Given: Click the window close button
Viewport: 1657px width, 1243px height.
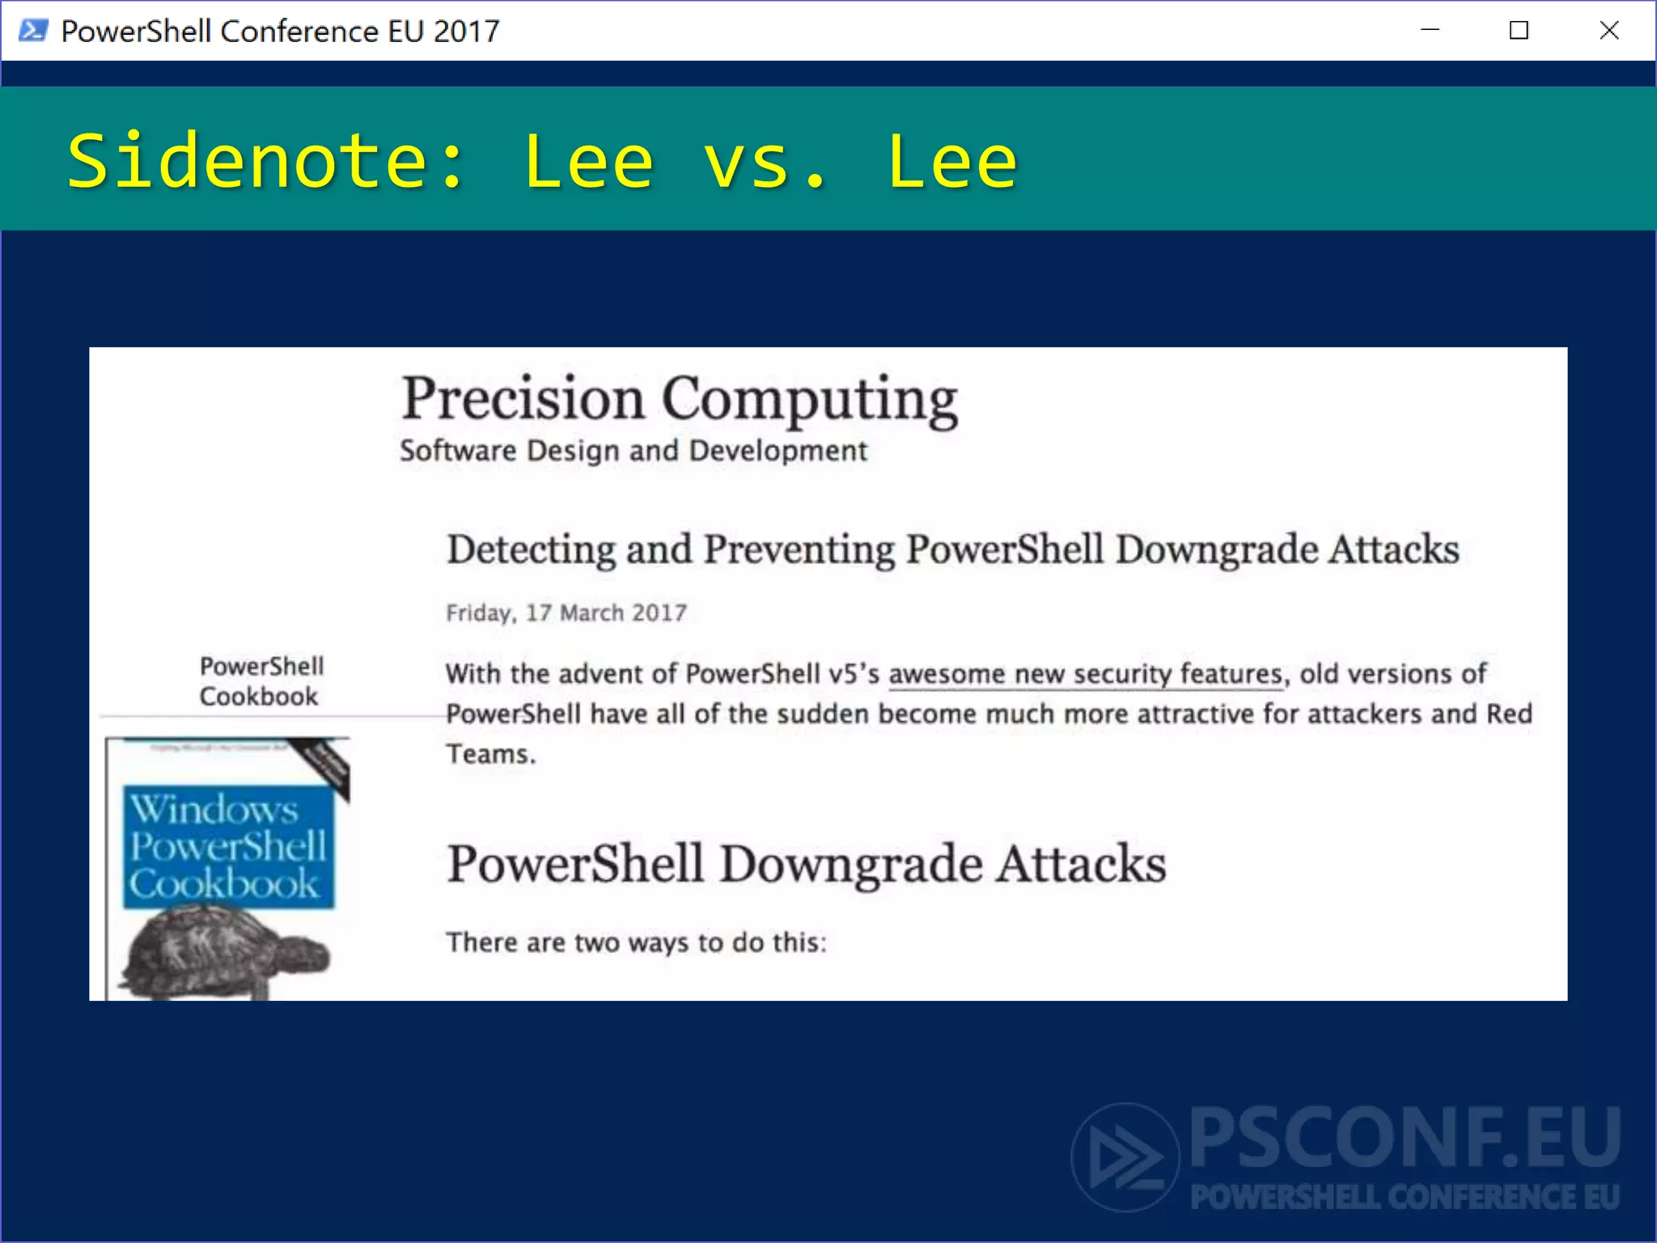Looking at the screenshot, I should (x=1608, y=31).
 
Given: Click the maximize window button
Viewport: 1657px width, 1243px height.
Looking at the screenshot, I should (x=1519, y=31).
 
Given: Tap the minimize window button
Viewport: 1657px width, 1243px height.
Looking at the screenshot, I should (x=1430, y=31).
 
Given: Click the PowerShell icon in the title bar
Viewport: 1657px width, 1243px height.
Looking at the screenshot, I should (x=33, y=31).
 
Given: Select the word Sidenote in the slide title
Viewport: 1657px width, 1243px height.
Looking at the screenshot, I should (x=247, y=162).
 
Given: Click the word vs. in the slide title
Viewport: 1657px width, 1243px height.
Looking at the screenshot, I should (x=765, y=162).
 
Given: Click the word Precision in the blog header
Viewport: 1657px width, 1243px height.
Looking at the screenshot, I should (x=523, y=398).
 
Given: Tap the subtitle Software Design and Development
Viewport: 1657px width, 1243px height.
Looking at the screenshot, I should (x=633, y=450).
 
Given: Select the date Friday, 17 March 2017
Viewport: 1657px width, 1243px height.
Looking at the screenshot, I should (x=566, y=613).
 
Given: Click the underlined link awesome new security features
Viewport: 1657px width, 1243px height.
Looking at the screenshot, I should (x=1085, y=673).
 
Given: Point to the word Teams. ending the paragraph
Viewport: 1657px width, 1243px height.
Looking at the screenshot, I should (x=490, y=754).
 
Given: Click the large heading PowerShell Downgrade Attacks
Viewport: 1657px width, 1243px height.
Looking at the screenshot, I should (x=806, y=863).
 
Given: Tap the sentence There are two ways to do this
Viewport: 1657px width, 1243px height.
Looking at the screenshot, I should (x=636, y=942).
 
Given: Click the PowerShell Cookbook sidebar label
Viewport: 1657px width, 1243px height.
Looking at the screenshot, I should (x=261, y=681).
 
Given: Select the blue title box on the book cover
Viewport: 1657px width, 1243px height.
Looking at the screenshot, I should (x=228, y=846).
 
